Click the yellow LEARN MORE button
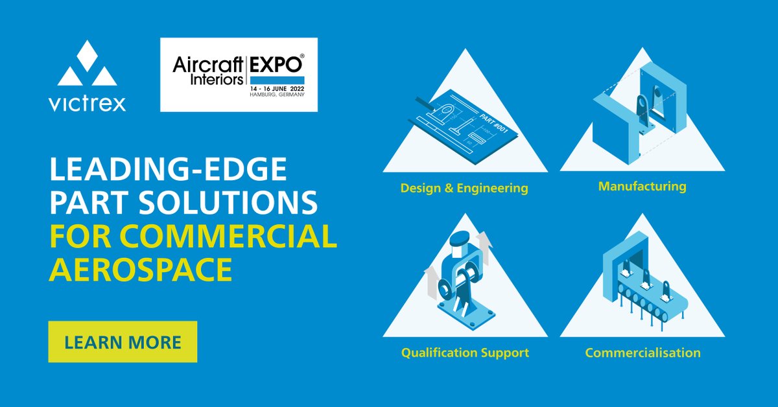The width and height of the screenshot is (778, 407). [x=123, y=342]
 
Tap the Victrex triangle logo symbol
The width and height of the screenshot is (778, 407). [x=87, y=65]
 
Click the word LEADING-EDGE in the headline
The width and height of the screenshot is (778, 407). [x=167, y=172]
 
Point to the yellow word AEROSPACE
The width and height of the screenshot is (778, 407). [x=141, y=269]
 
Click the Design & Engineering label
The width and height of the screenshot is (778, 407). [x=464, y=189]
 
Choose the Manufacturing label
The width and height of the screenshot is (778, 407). [x=642, y=187]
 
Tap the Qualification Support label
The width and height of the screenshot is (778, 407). [x=465, y=353]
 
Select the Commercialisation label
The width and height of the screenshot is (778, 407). [x=642, y=353]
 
